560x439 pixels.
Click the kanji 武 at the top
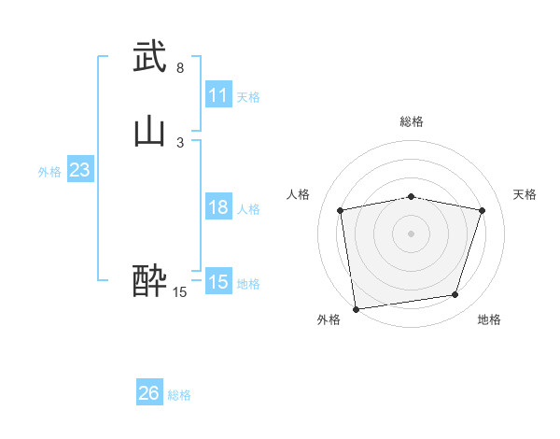149,57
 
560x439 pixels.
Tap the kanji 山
149,132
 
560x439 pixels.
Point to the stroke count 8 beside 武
179,68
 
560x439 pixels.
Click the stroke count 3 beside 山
179,142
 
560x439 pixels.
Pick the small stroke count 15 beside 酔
179,292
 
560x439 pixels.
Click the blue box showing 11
217,95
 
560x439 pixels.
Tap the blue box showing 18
217,207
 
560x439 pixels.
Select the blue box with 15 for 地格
217,282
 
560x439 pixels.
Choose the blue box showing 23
79,170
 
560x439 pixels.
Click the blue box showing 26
148,393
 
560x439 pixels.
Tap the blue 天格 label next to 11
248,97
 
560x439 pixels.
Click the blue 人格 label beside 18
248,209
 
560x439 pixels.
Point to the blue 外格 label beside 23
49,172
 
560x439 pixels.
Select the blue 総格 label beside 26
179,395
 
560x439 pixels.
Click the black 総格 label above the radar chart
412,121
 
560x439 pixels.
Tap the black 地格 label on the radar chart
489,319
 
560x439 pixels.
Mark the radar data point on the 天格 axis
482,210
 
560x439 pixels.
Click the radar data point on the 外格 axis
356,308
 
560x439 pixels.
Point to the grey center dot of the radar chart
412,233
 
